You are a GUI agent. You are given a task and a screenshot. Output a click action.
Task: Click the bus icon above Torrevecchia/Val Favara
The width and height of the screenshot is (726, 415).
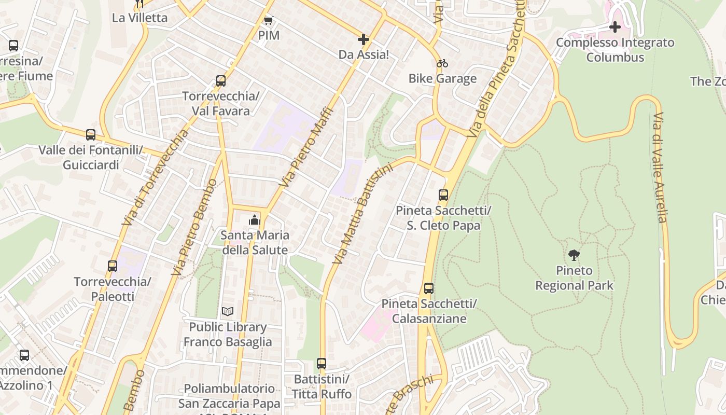[x=221, y=81]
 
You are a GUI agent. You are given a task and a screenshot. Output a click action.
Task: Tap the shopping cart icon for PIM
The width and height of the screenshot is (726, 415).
[x=268, y=21]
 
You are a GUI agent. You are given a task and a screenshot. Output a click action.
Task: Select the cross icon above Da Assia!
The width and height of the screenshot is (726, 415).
[x=364, y=39]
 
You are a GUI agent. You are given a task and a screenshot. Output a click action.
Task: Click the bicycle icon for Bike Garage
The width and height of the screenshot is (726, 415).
[x=442, y=64]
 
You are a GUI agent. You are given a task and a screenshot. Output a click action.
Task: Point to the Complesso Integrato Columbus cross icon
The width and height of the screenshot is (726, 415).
[x=615, y=27]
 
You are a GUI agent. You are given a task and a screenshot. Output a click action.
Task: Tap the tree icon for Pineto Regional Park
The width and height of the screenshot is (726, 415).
[x=574, y=255]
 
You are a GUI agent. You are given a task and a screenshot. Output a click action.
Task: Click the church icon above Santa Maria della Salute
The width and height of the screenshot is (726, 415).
[x=254, y=220]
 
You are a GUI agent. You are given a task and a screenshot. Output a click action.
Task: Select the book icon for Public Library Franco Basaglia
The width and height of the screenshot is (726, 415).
[x=228, y=312]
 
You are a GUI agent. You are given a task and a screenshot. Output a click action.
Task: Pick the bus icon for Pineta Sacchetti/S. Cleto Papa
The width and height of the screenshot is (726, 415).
[x=443, y=195]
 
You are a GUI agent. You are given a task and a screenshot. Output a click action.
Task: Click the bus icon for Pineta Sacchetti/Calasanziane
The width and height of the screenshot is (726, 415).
[x=429, y=288]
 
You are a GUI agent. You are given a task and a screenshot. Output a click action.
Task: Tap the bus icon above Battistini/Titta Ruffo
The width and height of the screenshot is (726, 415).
[x=322, y=364]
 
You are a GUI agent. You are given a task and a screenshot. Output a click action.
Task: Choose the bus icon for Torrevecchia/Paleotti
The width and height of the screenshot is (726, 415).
[x=113, y=266]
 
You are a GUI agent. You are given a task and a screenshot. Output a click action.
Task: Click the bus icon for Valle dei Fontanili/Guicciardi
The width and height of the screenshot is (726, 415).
[x=91, y=135]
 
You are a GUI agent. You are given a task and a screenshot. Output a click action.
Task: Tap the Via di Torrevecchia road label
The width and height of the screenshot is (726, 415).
[x=156, y=177]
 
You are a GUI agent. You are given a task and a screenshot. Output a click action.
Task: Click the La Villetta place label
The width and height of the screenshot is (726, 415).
[x=140, y=18]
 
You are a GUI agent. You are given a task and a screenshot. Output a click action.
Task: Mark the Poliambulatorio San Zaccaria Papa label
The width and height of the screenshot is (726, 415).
[x=229, y=396]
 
